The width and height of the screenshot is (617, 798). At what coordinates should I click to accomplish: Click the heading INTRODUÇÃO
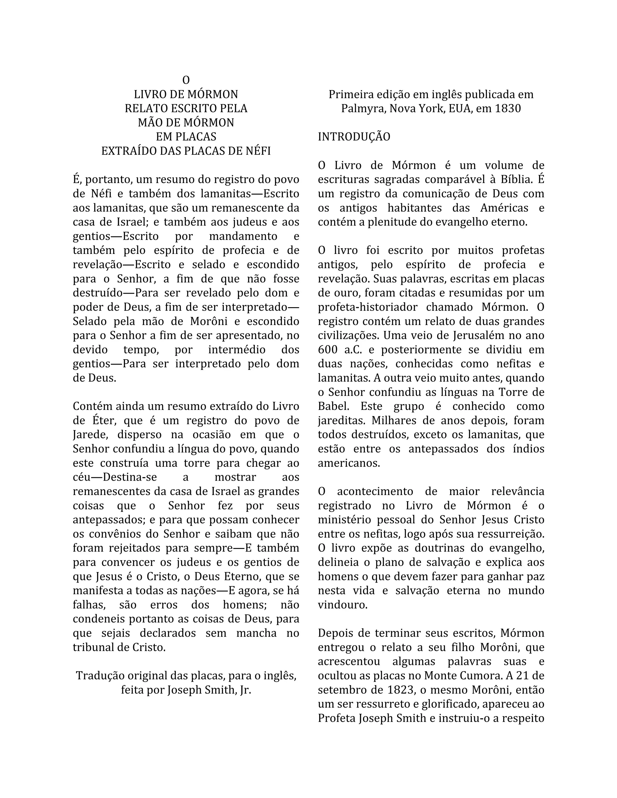[x=354, y=137]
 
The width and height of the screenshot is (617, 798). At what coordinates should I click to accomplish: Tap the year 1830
[x=508, y=108]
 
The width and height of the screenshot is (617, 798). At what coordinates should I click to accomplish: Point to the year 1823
[x=400, y=690]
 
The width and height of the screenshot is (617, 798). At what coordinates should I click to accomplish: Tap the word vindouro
[x=342, y=605]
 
